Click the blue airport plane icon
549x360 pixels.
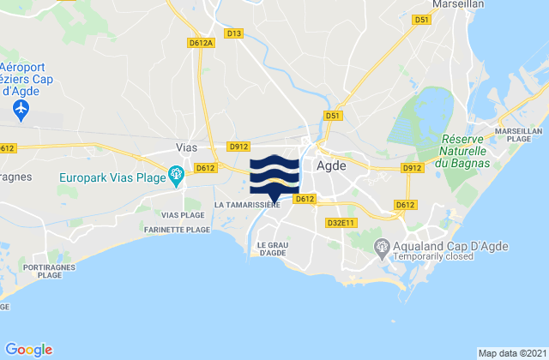click(22, 110)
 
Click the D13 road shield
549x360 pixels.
click(233, 33)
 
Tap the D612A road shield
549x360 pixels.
click(199, 42)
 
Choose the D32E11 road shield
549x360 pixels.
click(341, 222)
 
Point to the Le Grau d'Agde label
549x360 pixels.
click(271, 248)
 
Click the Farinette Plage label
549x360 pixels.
click(178, 230)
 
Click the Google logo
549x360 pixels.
click(28, 349)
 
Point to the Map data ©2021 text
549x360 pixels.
click(510, 353)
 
